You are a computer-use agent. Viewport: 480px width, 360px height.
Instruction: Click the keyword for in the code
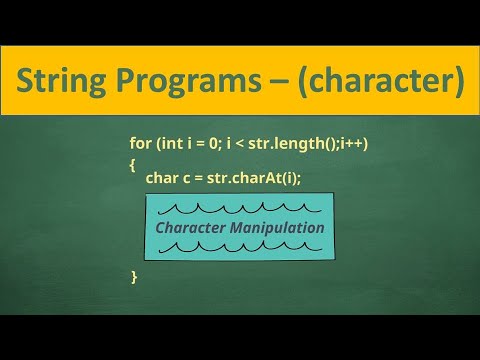(x=142, y=145)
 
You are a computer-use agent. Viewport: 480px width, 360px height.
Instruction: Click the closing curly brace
(x=134, y=275)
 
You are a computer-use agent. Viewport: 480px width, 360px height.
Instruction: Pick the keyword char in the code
(x=162, y=179)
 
